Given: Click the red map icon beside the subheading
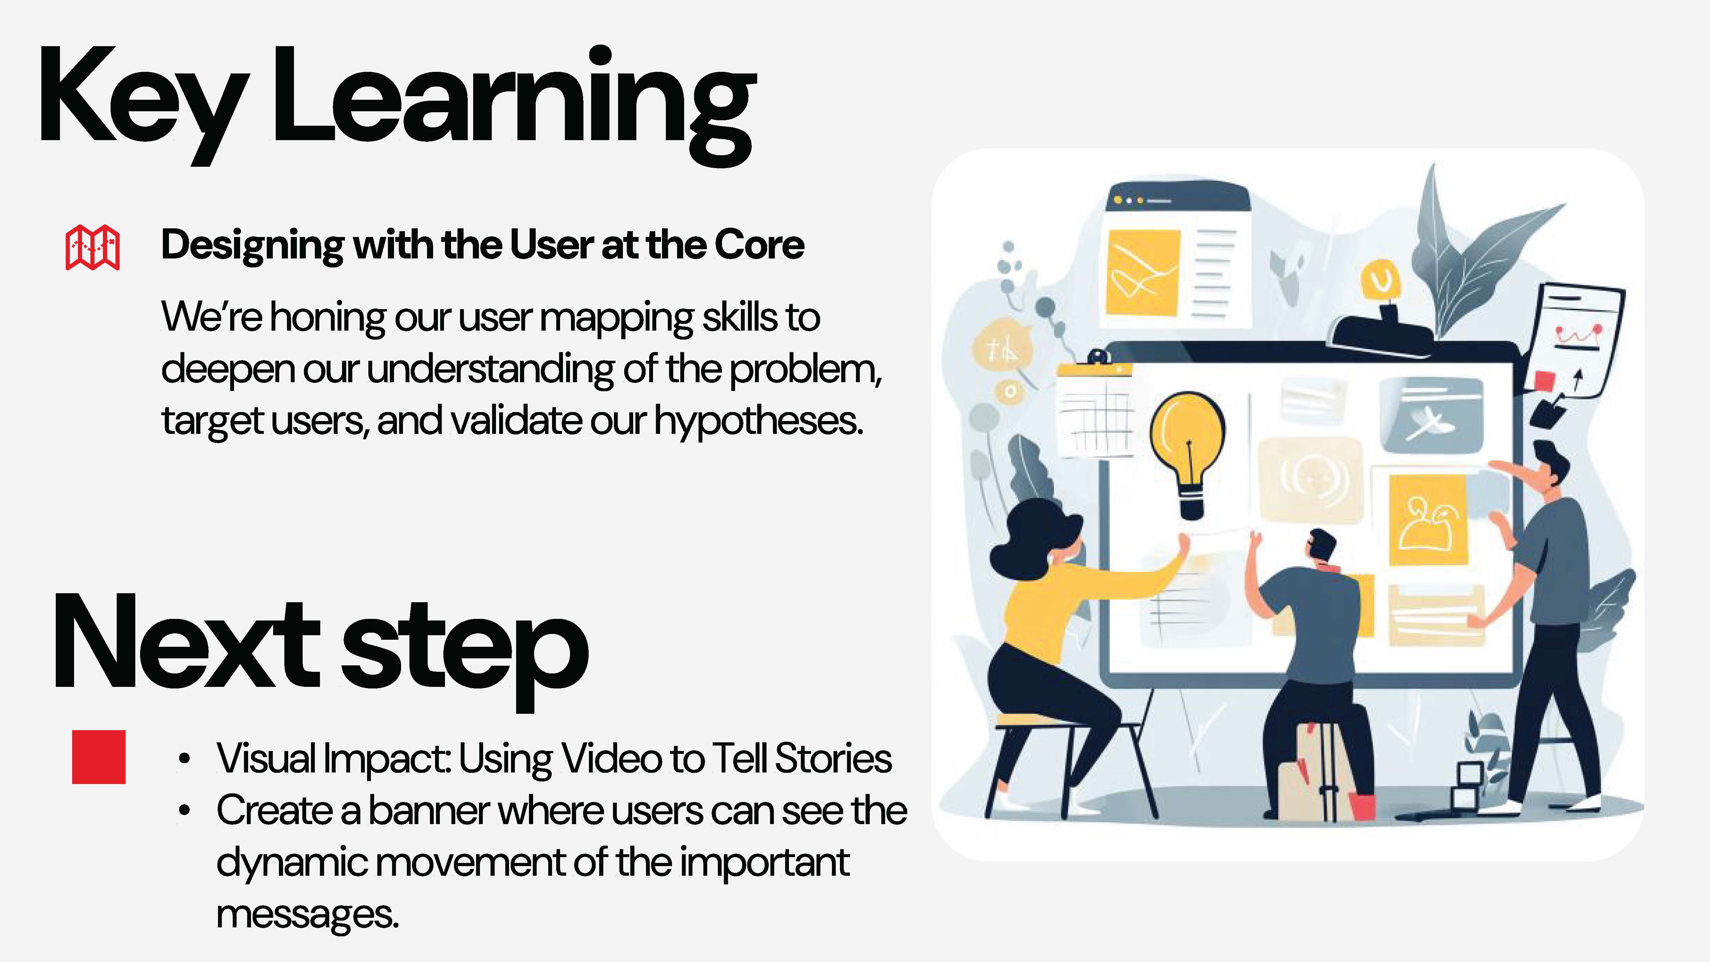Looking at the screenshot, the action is click(x=92, y=247).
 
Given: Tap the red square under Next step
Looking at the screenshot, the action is click(x=99, y=757).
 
